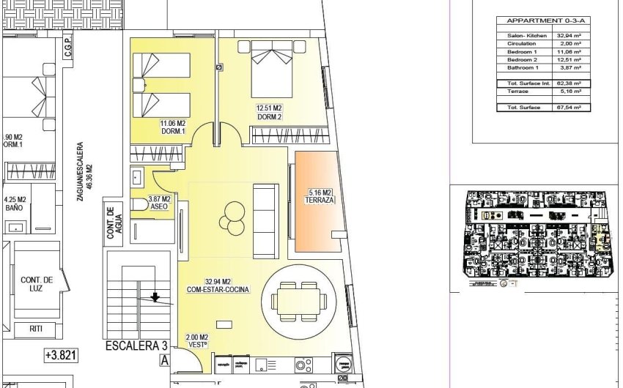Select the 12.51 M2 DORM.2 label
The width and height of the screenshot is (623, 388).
click(x=269, y=112)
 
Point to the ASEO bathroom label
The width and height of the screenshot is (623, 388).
click(x=159, y=203)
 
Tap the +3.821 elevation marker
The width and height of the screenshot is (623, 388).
click(x=62, y=357)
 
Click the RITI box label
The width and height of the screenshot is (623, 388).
click(x=36, y=329)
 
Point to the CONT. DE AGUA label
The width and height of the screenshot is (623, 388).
click(x=112, y=222)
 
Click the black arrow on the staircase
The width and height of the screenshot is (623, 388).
click(x=155, y=296)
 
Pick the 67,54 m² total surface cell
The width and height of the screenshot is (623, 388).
click(x=570, y=108)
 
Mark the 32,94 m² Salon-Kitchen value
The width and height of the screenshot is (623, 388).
click(x=570, y=35)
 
